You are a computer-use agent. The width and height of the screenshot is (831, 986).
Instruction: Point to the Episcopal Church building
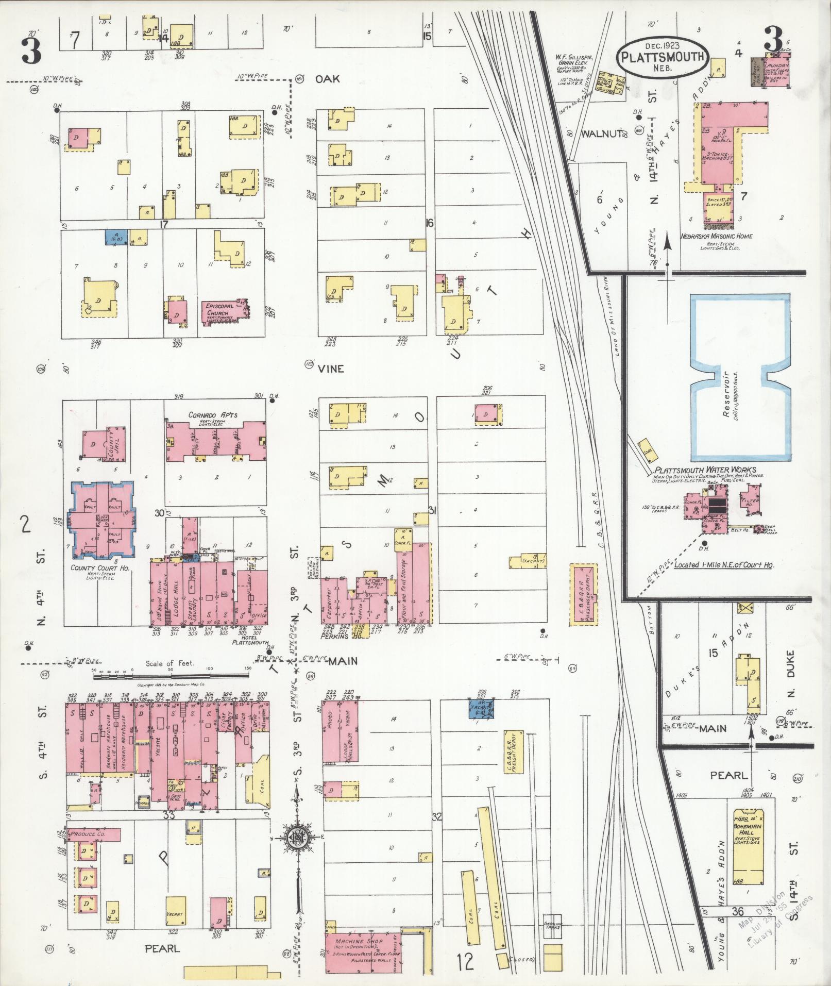click(x=224, y=311)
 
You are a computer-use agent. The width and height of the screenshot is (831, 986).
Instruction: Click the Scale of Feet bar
click(x=170, y=672)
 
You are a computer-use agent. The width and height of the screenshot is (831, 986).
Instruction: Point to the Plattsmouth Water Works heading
click(x=705, y=470)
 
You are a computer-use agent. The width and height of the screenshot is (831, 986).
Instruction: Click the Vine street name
click(x=330, y=369)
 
